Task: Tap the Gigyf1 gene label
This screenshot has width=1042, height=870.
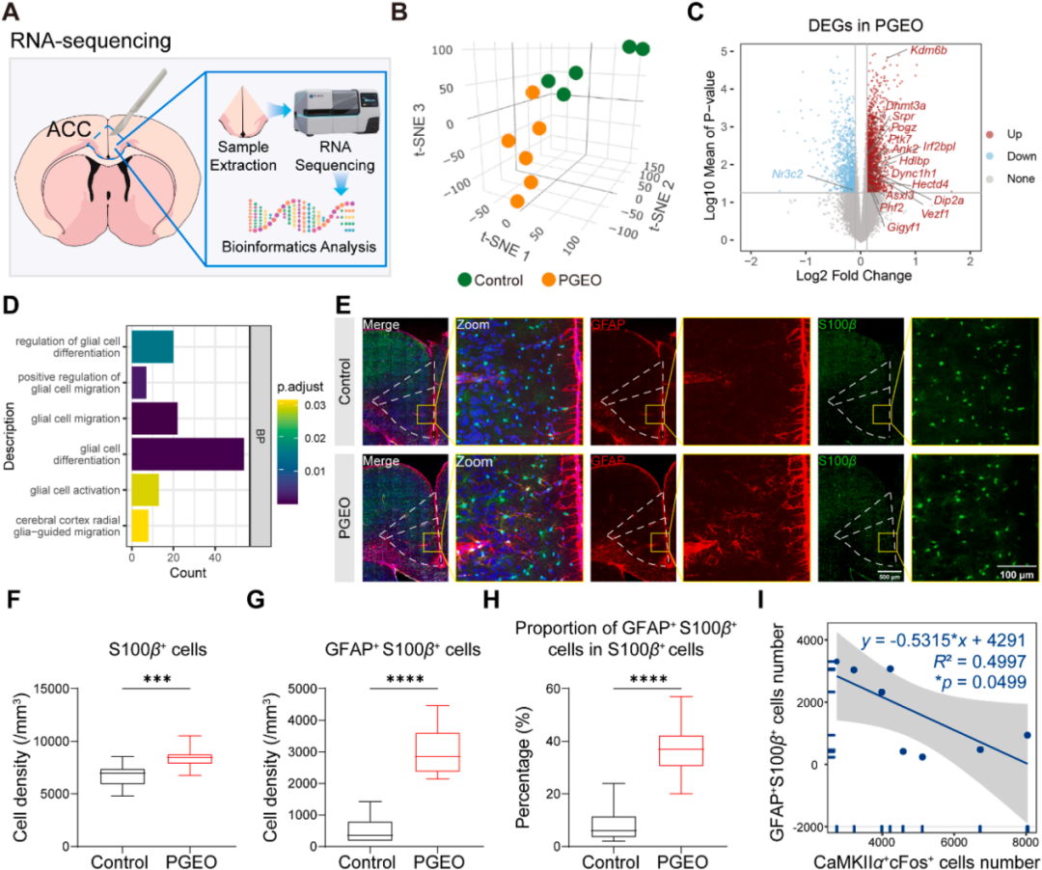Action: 904,228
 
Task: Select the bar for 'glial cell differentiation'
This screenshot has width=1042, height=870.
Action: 188,453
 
